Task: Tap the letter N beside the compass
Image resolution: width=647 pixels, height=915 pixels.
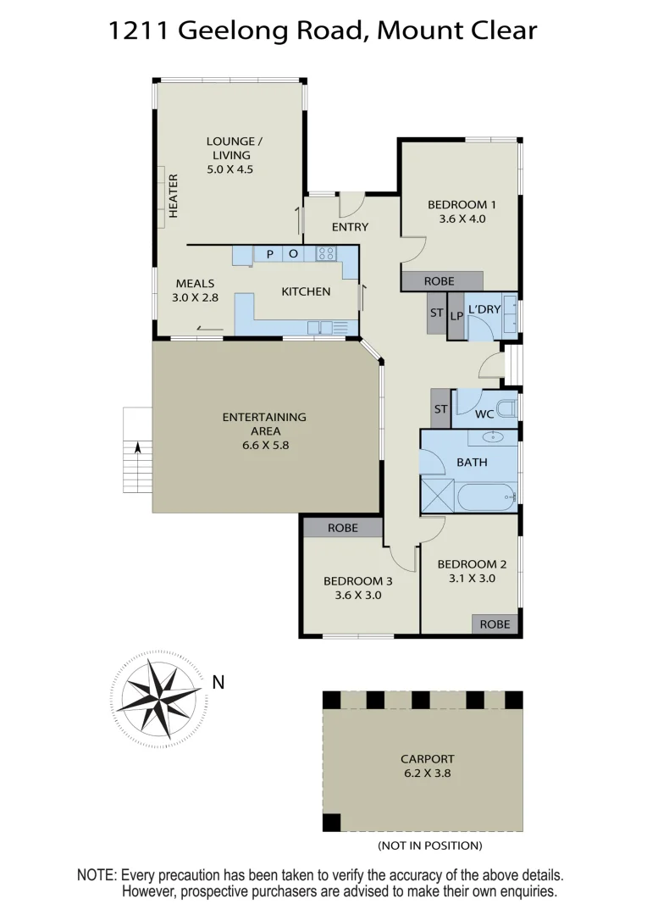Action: (218, 681)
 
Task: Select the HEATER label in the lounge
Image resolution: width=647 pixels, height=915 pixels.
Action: (174, 197)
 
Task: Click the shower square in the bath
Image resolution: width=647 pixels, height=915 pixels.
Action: (438, 495)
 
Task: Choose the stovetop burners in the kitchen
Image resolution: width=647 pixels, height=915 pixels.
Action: (326, 252)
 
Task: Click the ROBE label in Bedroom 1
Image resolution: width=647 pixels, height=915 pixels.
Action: (440, 281)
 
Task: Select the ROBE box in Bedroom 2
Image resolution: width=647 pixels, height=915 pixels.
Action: (495, 624)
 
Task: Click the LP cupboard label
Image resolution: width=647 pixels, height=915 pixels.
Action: (456, 316)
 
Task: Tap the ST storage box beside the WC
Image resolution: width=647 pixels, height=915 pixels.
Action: (440, 409)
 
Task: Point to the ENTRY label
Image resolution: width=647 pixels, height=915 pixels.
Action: (350, 227)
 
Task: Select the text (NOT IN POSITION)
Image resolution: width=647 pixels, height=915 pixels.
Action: (429, 846)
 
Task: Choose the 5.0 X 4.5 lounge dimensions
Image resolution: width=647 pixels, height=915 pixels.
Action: (230, 169)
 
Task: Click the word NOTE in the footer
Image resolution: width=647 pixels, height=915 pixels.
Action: (97, 874)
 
